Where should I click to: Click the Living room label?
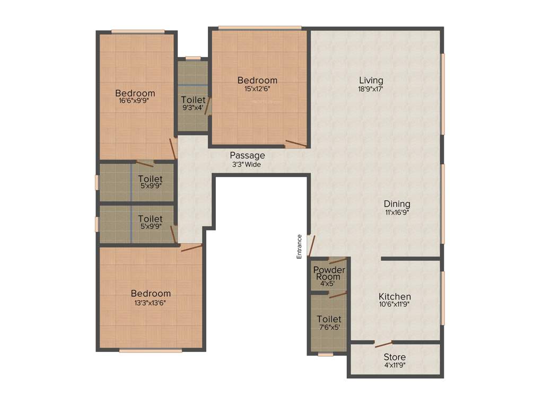(370, 81)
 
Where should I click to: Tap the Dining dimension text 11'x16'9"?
(397, 212)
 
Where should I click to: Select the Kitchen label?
(395, 296)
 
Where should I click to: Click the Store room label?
(395, 357)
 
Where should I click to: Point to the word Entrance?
(299, 246)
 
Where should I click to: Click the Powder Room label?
(329, 273)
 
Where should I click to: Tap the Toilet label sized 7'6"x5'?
(329, 319)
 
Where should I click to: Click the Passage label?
(247, 155)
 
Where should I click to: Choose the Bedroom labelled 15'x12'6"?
(257, 81)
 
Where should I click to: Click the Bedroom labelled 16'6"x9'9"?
(135, 93)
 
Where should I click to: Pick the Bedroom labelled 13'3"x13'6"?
(151, 294)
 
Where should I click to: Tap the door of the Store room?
(383, 344)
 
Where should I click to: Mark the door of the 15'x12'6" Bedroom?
(296, 143)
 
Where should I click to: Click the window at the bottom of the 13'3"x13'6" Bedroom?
(151, 350)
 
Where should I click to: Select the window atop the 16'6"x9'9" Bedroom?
(138, 31)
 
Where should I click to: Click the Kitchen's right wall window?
(443, 298)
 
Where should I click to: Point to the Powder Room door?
(337, 260)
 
